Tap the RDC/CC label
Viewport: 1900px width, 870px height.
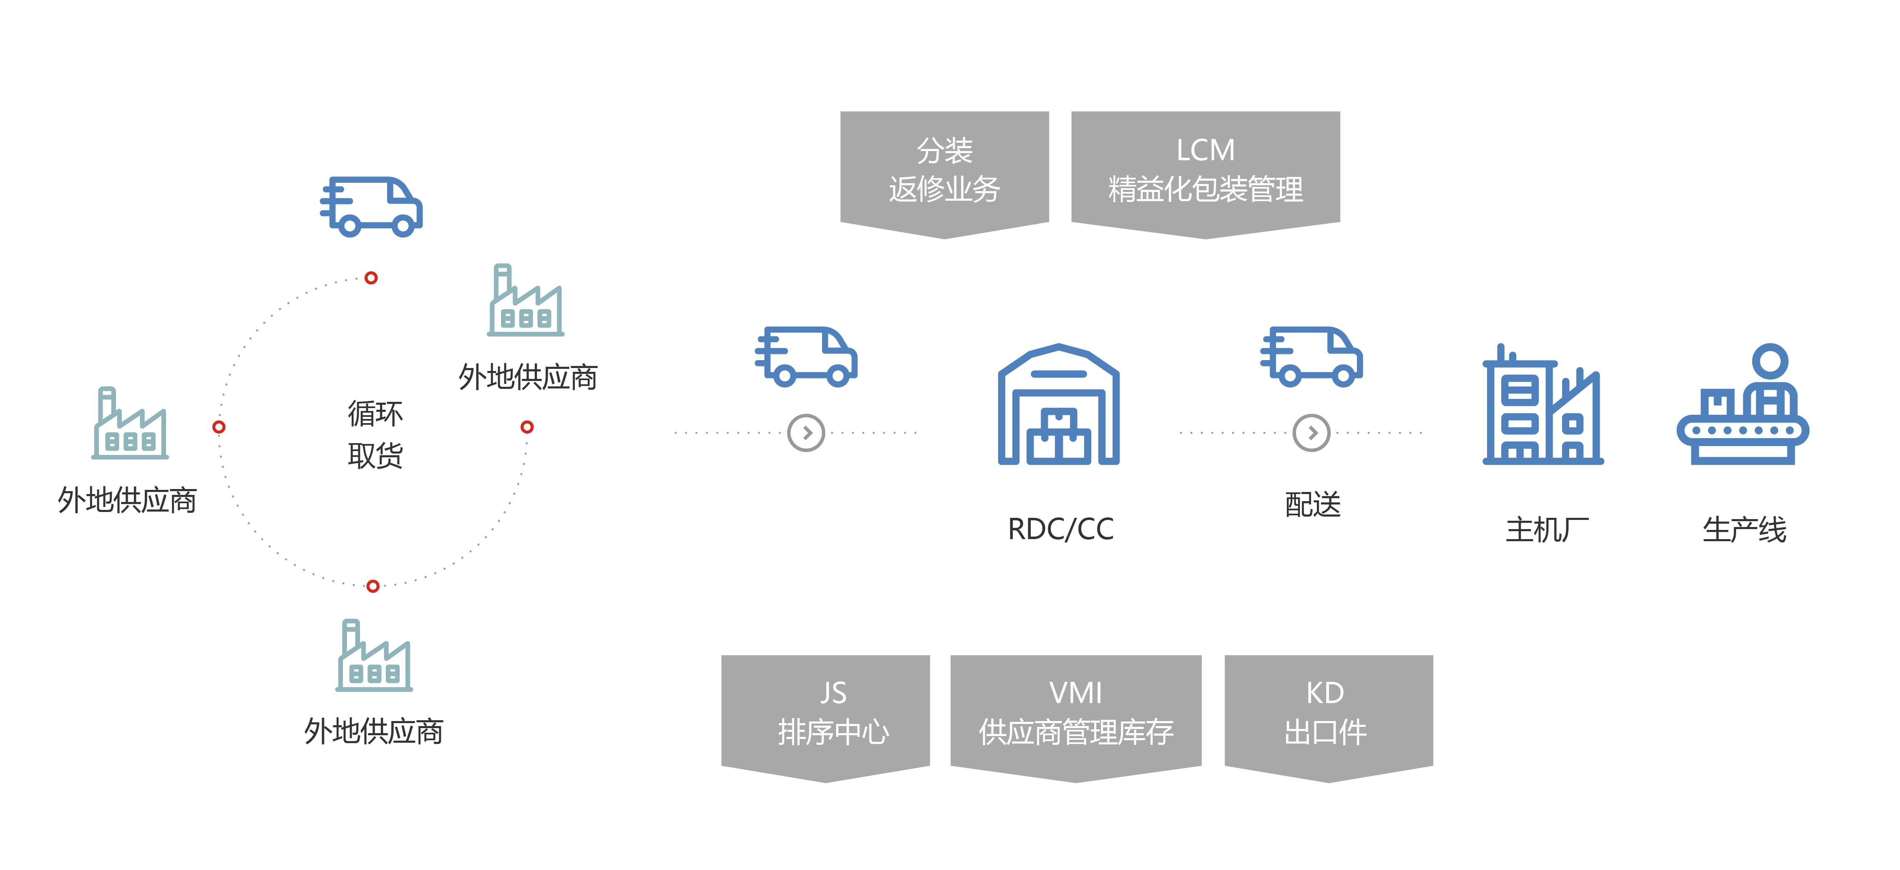click(x=1060, y=529)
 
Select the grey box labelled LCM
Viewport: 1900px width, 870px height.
click(x=1205, y=170)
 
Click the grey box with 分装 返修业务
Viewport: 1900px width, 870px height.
click(x=944, y=170)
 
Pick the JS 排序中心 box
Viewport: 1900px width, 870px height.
click(x=825, y=713)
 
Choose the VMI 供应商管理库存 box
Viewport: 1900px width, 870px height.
click(x=1075, y=713)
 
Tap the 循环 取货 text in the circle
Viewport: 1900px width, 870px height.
click(x=375, y=434)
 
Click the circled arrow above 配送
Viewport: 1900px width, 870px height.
click(x=1311, y=433)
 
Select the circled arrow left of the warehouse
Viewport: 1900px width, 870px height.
click(x=806, y=433)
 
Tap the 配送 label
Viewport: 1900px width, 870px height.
click(x=1312, y=505)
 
